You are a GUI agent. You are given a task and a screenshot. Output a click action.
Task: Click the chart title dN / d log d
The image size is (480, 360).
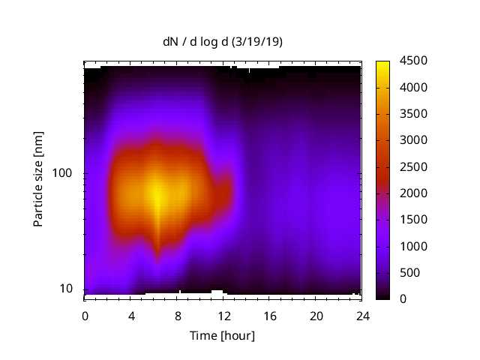[x=196, y=43]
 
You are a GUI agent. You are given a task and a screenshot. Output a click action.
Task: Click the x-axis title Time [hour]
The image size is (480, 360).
[x=222, y=335]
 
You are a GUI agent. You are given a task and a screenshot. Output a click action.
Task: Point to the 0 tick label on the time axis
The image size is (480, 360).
[x=85, y=315]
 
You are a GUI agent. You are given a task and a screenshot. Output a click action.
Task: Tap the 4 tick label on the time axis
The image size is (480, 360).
[x=131, y=315]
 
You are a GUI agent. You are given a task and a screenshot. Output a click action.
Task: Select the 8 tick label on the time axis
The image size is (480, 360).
[x=177, y=315]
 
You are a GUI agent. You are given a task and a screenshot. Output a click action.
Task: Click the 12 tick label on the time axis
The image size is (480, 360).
[x=223, y=315]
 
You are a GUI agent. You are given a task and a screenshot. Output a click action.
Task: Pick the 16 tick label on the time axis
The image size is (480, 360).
[x=269, y=315]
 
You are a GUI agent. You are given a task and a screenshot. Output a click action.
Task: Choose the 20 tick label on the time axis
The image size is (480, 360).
[x=316, y=315]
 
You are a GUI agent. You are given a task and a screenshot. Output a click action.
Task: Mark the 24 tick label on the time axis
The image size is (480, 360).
[x=362, y=315]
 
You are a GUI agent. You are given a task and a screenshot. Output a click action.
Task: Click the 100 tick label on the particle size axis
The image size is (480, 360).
[x=64, y=174]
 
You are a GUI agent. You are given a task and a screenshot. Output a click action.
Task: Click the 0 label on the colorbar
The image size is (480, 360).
[x=403, y=299]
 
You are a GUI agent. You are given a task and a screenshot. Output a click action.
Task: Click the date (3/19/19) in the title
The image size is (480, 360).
[x=256, y=43]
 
